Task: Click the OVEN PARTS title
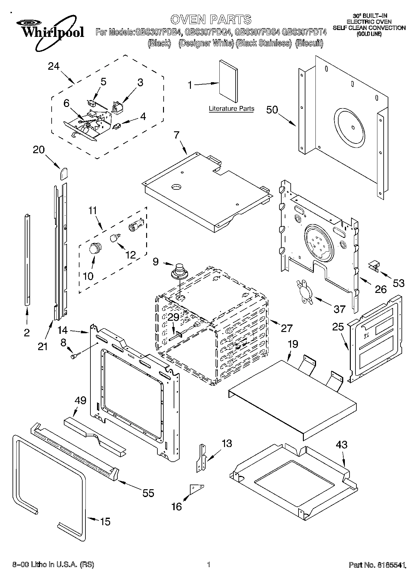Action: click(211, 19)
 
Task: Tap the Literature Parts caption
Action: click(231, 109)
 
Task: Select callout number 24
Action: click(54, 66)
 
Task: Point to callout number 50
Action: click(272, 110)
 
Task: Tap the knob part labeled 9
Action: click(179, 270)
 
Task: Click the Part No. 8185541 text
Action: click(377, 565)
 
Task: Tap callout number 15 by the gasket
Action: click(105, 521)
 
